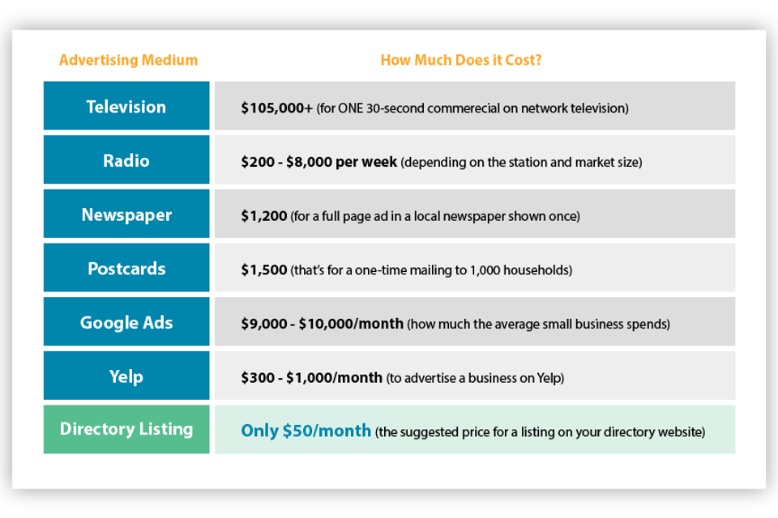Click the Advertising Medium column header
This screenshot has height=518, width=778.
(x=129, y=60)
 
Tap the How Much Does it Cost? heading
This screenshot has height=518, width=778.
(x=461, y=60)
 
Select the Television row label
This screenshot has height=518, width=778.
(x=126, y=107)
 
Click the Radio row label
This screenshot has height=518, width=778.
(x=126, y=160)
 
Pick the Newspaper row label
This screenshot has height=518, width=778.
(x=126, y=215)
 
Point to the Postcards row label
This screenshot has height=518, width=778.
(x=126, y=269)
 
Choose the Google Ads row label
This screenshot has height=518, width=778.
(x=126, y=323)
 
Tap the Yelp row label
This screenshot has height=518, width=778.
(x=126, y=376)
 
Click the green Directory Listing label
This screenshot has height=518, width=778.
(x=126, y=429)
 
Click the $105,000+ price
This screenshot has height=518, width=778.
(x=277, y=108)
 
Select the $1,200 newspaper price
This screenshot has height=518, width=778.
(x=264, y=216)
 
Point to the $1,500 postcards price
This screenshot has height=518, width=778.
(x=264, y=270)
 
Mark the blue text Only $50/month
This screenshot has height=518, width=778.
(x=306, y=431)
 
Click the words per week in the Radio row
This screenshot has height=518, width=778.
(x=366, y=162)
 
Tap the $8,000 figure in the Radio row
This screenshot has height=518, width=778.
(x=309, y=162)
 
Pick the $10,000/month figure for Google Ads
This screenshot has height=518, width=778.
(x=351, y=325)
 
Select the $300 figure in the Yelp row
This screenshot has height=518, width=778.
(x=258, y=378)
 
